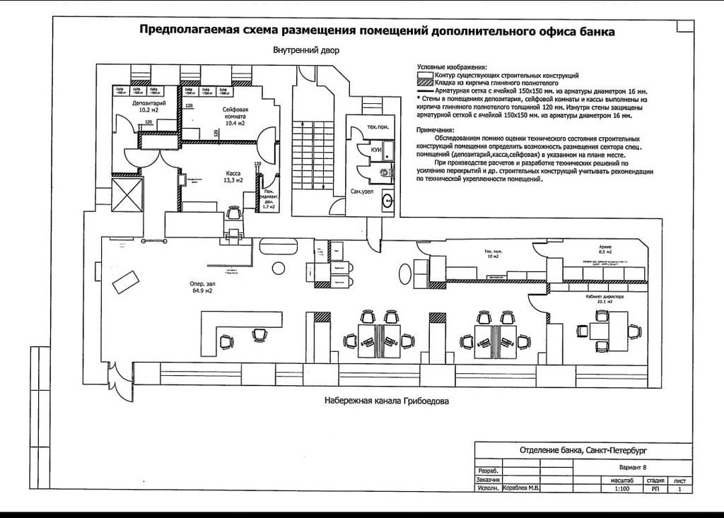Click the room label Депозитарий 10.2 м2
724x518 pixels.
tap(144, 107)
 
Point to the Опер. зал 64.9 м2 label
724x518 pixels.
tap(202, 286)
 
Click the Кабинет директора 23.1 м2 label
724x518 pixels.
tap(609, 300)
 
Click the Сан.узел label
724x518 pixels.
tap(361, 192)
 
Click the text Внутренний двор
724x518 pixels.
tap(306, 51)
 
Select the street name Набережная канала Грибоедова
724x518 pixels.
tap(387, 401)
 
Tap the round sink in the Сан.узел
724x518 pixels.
tap(387, 200)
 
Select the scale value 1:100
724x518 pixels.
tap(622, 488)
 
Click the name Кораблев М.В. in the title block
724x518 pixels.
tap(520, 488)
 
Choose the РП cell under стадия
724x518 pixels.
tap(655, 488)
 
